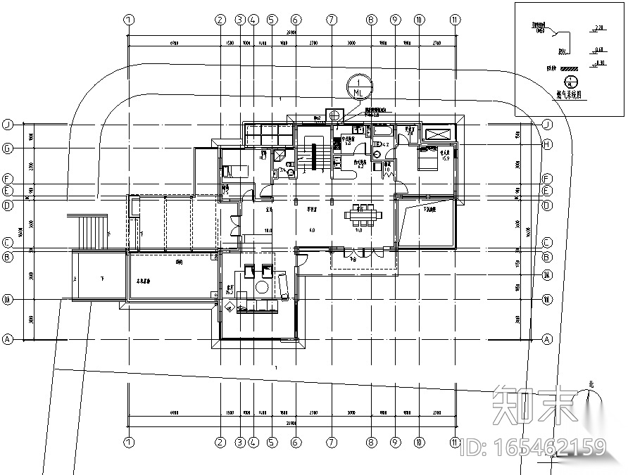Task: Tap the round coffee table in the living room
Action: (262, 287)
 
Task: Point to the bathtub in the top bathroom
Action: (384, 131)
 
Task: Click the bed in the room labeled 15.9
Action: (427, 159)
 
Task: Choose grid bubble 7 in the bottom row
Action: (332, 443)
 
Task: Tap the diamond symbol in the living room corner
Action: (230, 305)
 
